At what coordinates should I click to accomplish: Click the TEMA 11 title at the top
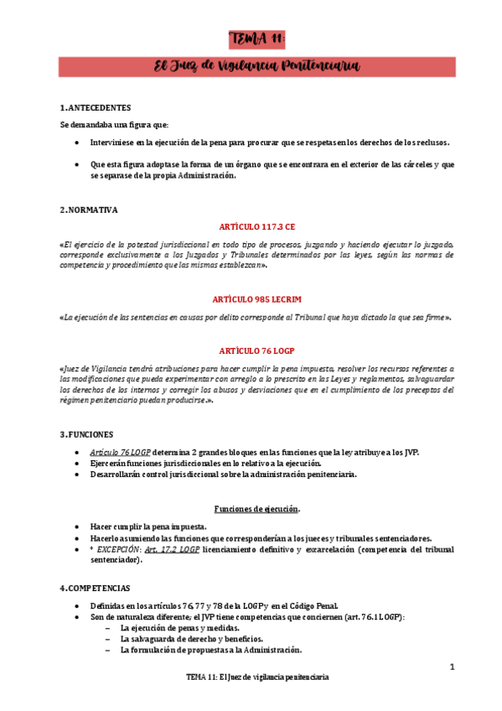click(x=258, y=39)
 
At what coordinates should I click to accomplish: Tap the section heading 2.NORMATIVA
click(x=89, y=210)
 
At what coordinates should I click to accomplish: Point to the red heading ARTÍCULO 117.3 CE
click(x=257, y=227)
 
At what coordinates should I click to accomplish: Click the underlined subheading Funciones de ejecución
click(x=257, y=509)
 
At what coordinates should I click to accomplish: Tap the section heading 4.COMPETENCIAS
click(x=95, y=589)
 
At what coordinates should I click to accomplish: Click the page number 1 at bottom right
click(x=452, y=667)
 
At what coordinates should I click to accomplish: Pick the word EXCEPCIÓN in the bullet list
click(x=118, y=549)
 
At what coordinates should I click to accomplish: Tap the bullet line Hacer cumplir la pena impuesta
click(x=149, y=527)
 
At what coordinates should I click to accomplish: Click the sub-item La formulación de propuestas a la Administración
click(x=210, y=650)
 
